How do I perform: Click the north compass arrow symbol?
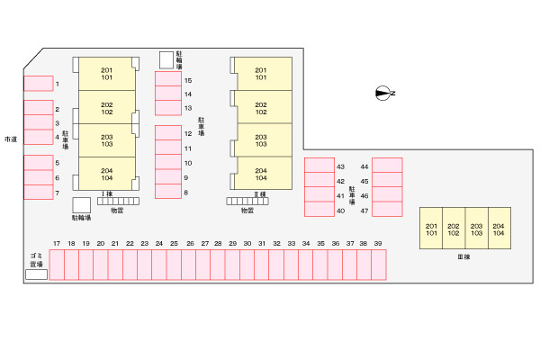[x=384, y=93]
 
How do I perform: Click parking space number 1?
[x=38, y=84]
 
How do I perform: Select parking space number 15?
[x=168, y=80]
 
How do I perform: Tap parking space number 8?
[x=168, y=192]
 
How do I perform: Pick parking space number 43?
[x=319, y=166]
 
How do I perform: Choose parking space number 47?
[x=387, y=210]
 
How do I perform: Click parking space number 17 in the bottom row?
[x=56, y=265]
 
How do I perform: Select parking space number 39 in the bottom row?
[x=378, y=265]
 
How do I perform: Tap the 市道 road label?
[x=10, y=139]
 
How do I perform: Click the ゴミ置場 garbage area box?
[x=36, y=274]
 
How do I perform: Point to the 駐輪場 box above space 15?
[x=166, y=59]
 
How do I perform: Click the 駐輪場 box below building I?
[x=81, y=205]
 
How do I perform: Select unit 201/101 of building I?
[x=107, y=74]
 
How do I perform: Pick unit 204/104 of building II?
[x=261, y=173]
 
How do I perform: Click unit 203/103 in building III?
[x=476, y=229]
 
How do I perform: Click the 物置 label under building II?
[x=247, y=211]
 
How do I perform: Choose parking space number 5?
[x=38, y=163]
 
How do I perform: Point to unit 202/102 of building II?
[x=261, y=108]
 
